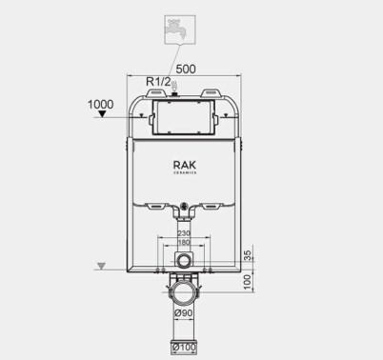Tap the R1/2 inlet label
coord(158,83)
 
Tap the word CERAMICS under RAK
coord(184,174)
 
